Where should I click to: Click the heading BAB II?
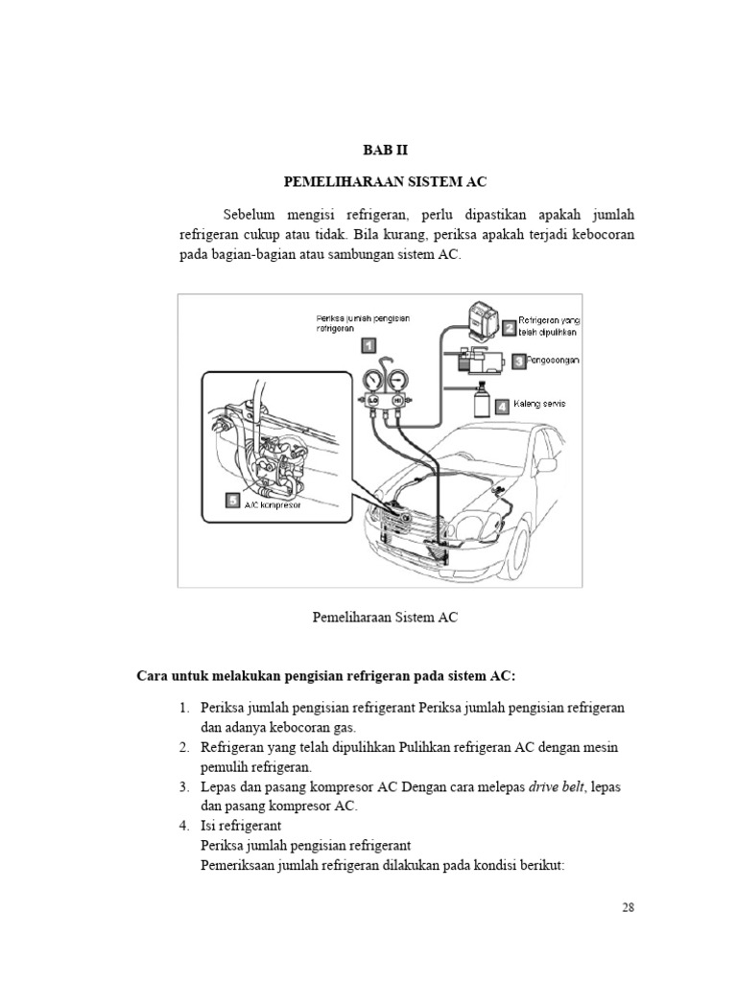(x=383, y=150)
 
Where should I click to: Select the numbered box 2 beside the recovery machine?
(x=508, y=327)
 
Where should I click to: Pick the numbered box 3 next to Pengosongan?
(x=518, y=362)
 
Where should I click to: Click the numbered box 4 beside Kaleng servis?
(x=502, y=406)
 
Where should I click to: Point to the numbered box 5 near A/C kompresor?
(x=231, y=499)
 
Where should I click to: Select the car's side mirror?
(x=499, y=491)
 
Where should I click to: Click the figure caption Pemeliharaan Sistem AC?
(x=385, y=618)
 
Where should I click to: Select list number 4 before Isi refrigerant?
(x=183, y=825)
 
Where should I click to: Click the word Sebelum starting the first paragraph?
(x=250, y=213)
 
